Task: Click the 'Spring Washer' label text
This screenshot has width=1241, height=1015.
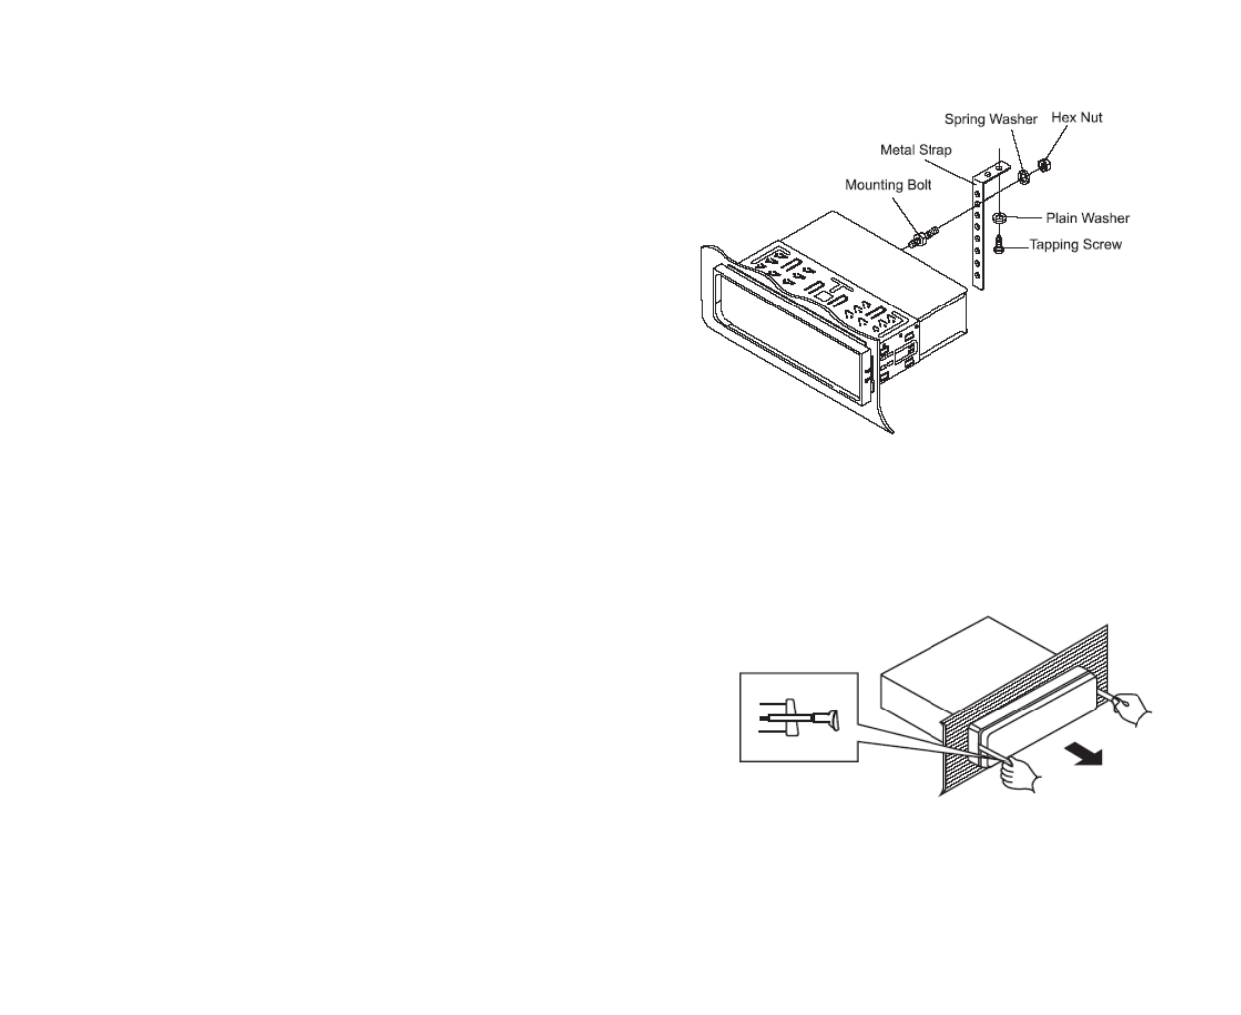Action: pos(990,119)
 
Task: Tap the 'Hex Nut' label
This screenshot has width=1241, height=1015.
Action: pos(1076,117)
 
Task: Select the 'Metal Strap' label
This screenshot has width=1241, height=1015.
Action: pos(916,150)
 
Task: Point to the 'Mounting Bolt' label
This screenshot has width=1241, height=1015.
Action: pos(888,185)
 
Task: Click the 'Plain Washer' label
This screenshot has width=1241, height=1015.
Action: pos(1087,218)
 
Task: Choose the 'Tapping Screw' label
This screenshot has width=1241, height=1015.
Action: pos(1075,244)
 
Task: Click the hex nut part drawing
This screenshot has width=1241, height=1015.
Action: pos(1045,165)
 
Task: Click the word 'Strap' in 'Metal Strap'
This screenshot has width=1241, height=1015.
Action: pos(934,150)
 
